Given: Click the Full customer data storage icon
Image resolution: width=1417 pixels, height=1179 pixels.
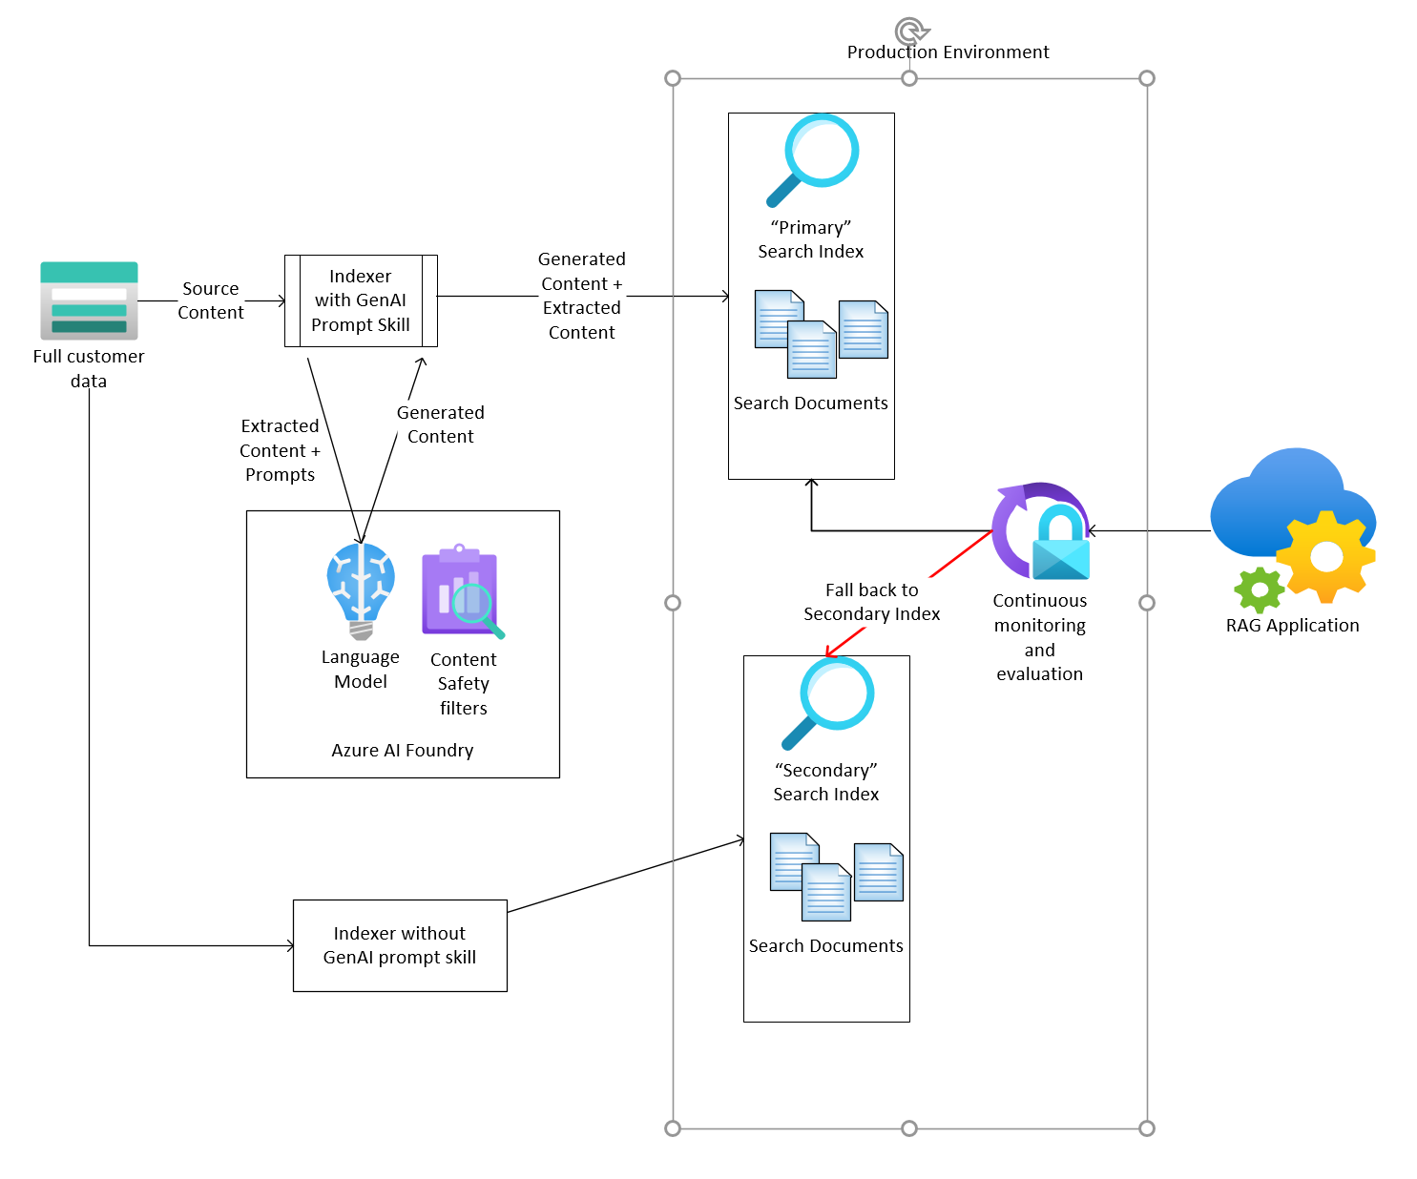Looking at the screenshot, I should [89, 300].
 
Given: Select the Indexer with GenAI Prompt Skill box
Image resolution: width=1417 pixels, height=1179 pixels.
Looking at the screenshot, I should [361, 300].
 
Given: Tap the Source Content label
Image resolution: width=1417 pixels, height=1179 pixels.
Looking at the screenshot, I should [211, 300].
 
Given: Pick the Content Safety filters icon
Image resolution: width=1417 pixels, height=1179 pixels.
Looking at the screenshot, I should [462, 591].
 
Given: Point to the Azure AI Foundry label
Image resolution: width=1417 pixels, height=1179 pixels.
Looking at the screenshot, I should [402, 751].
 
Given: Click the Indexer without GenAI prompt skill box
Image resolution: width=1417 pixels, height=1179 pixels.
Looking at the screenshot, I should [400, 945].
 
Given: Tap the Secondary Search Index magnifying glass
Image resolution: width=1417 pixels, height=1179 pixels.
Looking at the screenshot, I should [829, 702].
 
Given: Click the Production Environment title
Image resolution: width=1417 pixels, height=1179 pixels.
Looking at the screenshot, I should [948, 52].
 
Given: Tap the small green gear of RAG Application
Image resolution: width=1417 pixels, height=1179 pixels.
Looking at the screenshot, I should [1260, 590].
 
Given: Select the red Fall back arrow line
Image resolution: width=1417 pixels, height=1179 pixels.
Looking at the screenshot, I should [959, 554].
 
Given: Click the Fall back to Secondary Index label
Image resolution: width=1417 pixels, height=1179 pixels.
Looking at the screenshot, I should [871, 602].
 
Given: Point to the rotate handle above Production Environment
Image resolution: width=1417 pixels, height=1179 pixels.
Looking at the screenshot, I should [910, 31].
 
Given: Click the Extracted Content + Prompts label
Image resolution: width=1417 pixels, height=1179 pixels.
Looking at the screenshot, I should [280, 450].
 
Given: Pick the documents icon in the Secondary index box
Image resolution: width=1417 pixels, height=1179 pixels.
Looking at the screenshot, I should [836, 877].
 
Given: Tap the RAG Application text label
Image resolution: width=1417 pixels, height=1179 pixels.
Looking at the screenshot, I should [1292, 626].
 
